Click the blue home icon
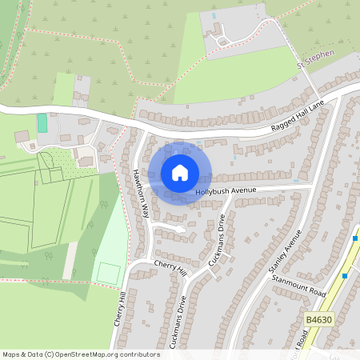point(180,173)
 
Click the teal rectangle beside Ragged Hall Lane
point(42,123)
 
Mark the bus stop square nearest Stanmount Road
point(345,276)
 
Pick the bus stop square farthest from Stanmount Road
point(357,238)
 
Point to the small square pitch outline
point(108,272)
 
